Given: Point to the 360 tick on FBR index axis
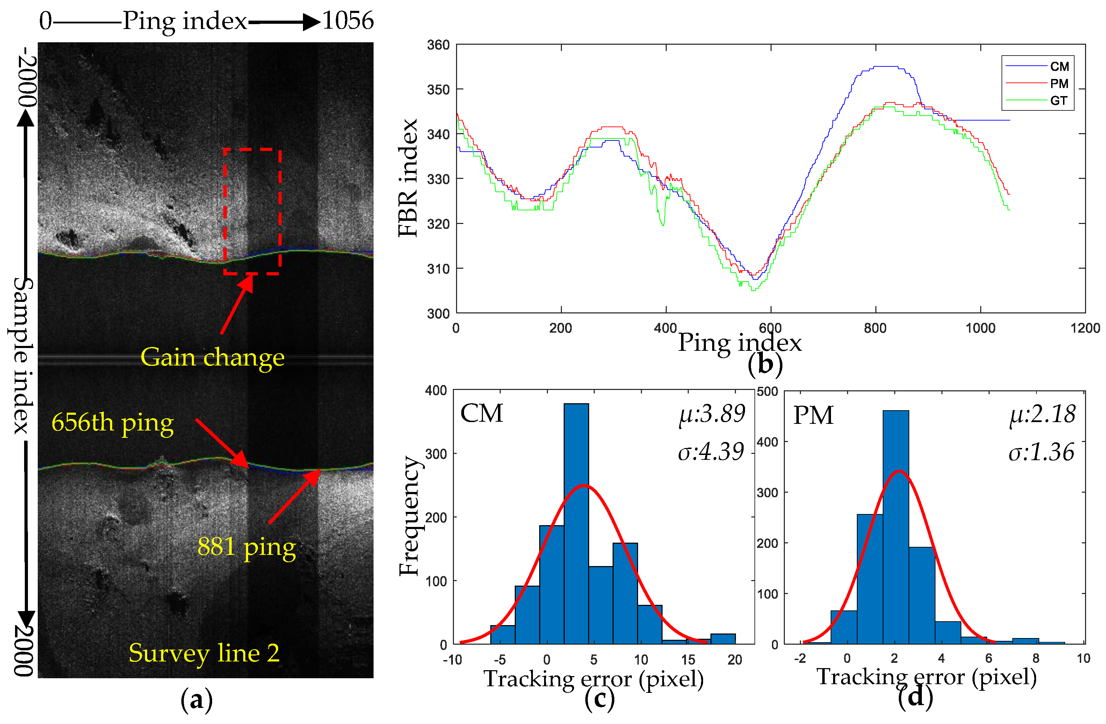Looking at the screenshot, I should point(438,45).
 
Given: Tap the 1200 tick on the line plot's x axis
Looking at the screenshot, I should point(1085,328).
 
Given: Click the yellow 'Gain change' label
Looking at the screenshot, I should point(212,357).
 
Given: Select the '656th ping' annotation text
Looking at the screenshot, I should point(113,422).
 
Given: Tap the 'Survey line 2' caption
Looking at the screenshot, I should point(204,653).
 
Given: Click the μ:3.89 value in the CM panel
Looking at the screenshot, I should point(712,413).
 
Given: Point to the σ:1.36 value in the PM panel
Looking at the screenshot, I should point(1041,452).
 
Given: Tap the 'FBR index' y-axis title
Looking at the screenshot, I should point(409,178).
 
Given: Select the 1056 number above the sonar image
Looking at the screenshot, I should point(348,21).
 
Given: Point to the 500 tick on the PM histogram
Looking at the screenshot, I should point(767,392).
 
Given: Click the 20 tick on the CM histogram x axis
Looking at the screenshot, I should point(735,659).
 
